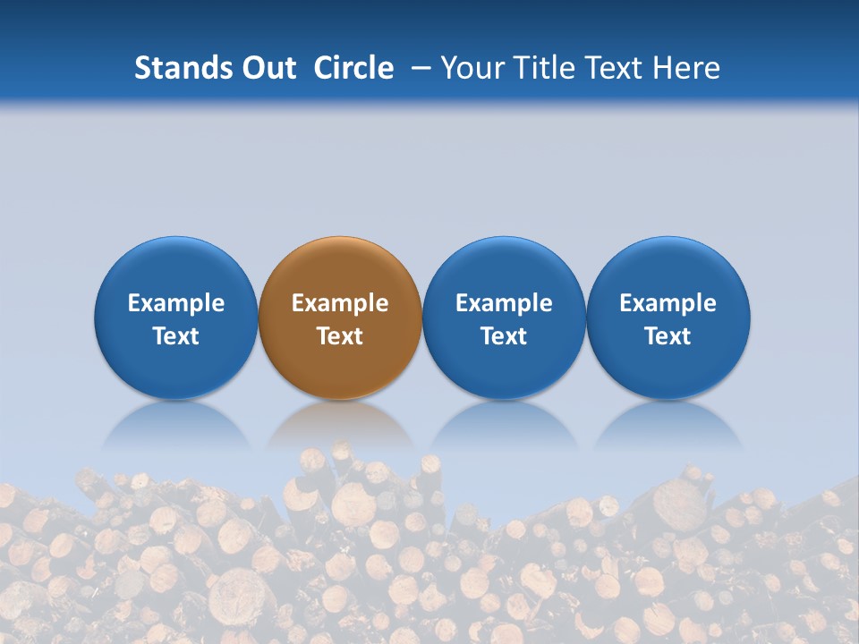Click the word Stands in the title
pyautogui.click(x=175, y=68)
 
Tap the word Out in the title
pyautogui.click(x=268, y=68)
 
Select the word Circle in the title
pyautogui.click(x=353, y=68)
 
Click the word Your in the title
pyautogui.click(x=472, y=68)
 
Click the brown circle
pyautogui.click(x=340, y=268)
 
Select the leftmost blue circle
pyautogui.click(x=176, y=268)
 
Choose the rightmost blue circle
pyautogui.click(x=668, y=268)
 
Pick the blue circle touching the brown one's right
pyautogui.click(x=504, y=268)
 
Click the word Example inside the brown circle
pyautogui.click(x=340, y=303)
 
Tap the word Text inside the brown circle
pyautogui.click(x=340, y=336)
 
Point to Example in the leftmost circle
pyautogui.click(x=176, y=303)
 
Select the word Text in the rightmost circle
pyautogui.click(x=668, y=336)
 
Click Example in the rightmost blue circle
pyautogui.click(x=668, y=303)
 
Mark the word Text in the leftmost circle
pyautogui.click(x=176, y=336)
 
